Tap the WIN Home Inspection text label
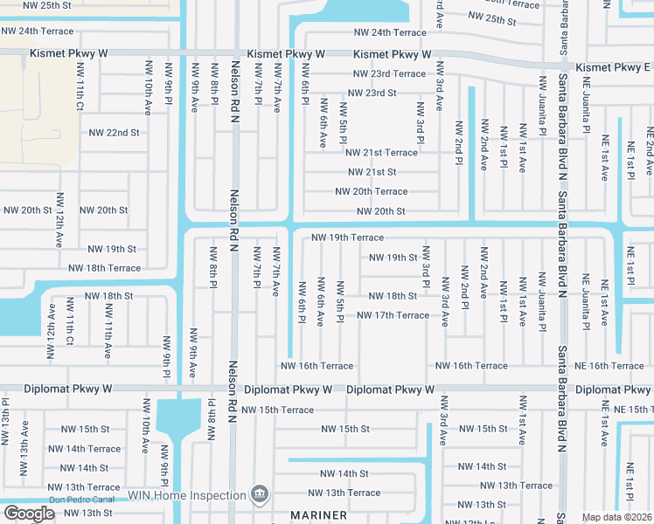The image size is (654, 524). [x=187, y=495]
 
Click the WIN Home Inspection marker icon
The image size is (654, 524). [x=259, y=495]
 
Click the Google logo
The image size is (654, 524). [x=29, y=514]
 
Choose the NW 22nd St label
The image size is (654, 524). [x=115, y=133]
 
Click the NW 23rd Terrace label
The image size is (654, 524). [x=389, y=73]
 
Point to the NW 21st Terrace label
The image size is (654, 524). [x=382, y=153]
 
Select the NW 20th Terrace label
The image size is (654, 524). [x=371, y=191]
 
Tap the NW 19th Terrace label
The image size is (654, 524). [x=347, y=238]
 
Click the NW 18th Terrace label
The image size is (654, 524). [x=104, y=268]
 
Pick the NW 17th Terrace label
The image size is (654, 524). [x=393, y=315]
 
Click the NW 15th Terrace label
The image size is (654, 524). [x=277, y=410]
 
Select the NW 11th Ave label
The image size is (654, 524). [x=108, y=339]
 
